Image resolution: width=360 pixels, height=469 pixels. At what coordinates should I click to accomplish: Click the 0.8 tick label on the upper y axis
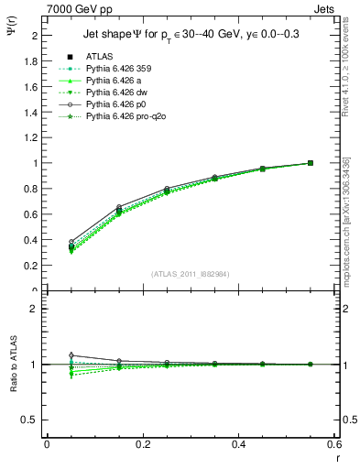tap(35, 189)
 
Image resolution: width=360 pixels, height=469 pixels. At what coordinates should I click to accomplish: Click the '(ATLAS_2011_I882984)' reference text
tap(190, 274)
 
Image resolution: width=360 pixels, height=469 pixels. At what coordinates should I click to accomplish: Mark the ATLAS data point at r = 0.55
tap(311, 163)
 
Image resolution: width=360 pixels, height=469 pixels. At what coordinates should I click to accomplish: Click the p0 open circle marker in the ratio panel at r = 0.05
tap(71, 355)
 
